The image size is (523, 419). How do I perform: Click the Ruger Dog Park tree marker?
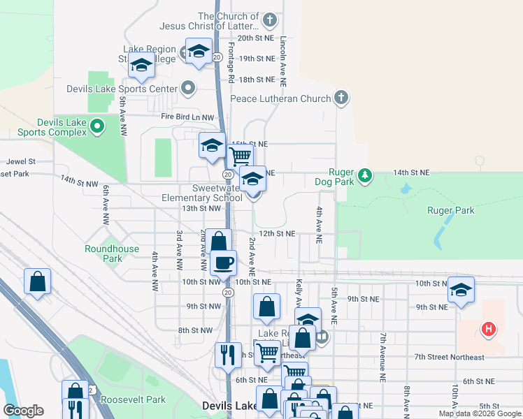click(364, 175)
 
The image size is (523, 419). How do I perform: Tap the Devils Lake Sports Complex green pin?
click(97, 126)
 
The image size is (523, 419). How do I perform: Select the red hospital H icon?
click(489, 328)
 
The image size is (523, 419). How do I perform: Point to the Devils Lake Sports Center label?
click(122, 89)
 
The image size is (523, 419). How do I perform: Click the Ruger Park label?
click(450, 210)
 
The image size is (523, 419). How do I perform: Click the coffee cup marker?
click(223, 263)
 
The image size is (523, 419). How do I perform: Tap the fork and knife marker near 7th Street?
click(227, 355)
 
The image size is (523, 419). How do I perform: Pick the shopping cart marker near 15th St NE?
click(240, 155)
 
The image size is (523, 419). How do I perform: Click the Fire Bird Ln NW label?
click(186, 117)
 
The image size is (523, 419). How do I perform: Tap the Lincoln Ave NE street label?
click(284, 60)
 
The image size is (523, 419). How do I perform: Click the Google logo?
click(23, 411)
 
